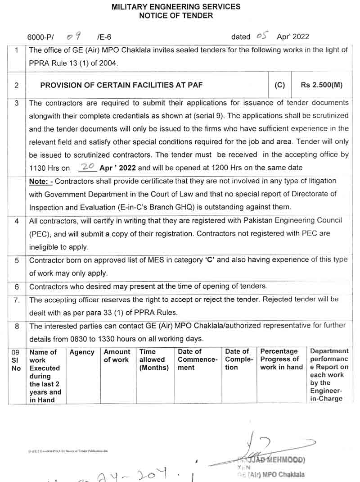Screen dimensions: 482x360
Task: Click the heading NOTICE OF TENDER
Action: click(176, 16)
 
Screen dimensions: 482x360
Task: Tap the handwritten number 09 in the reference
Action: click(73, 36)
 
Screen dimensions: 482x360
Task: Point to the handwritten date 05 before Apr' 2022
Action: click(262, 36)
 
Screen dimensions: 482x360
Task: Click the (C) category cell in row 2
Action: click(279, 85)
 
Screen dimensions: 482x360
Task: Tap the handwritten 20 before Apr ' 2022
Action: click(87, 167)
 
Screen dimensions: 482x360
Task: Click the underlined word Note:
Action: click(41, 181)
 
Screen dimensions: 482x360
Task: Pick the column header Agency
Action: click(82, 352)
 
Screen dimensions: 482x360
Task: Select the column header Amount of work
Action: click(117, 356)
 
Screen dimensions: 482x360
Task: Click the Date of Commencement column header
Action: click(197, 359)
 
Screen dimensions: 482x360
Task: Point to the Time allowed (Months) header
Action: click(154, 359)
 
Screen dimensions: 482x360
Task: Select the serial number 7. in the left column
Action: click(17, 300)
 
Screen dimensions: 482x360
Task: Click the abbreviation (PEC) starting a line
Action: click(38, 234)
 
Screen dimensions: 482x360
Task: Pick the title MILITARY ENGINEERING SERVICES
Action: click(175, 7)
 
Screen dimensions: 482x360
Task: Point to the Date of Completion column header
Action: click(237, 359)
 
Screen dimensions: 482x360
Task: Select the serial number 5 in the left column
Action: click(17, 260)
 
